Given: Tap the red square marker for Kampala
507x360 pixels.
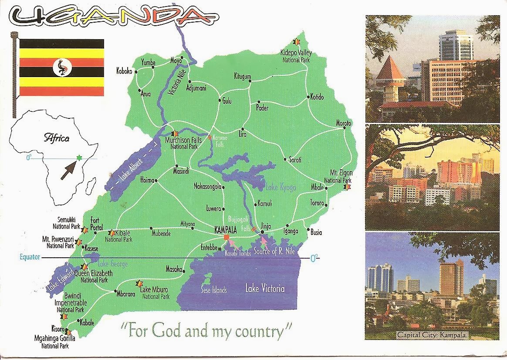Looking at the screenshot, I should (x=226, y=237).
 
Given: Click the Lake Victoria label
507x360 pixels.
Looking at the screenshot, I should (x=265, y=288).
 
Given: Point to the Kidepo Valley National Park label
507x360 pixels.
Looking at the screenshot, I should (x=296, y=56).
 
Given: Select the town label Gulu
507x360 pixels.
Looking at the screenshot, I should (x=226, y=101).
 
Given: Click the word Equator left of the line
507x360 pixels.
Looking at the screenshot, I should (x=30, y=257).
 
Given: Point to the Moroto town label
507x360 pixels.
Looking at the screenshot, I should (x=343, y=124).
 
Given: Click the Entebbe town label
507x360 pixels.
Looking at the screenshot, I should (x=209, y=247).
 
